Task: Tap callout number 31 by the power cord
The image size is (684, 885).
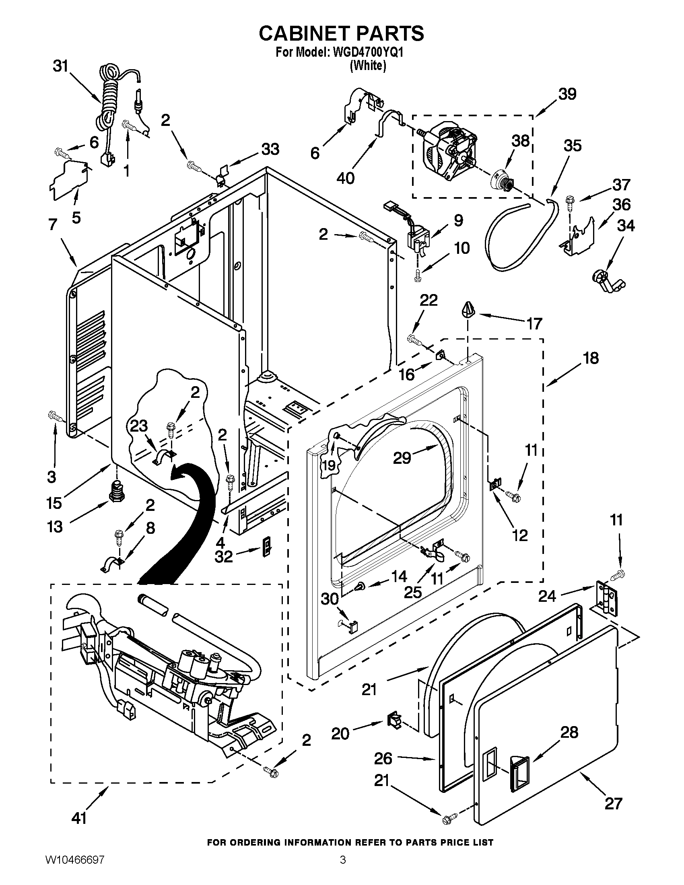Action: [61, 66]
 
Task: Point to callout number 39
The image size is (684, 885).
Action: [567, 94]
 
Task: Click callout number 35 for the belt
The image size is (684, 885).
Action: [573, 146]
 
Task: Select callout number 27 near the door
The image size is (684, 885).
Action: [613, 804]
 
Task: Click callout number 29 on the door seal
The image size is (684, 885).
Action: [402, 458]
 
